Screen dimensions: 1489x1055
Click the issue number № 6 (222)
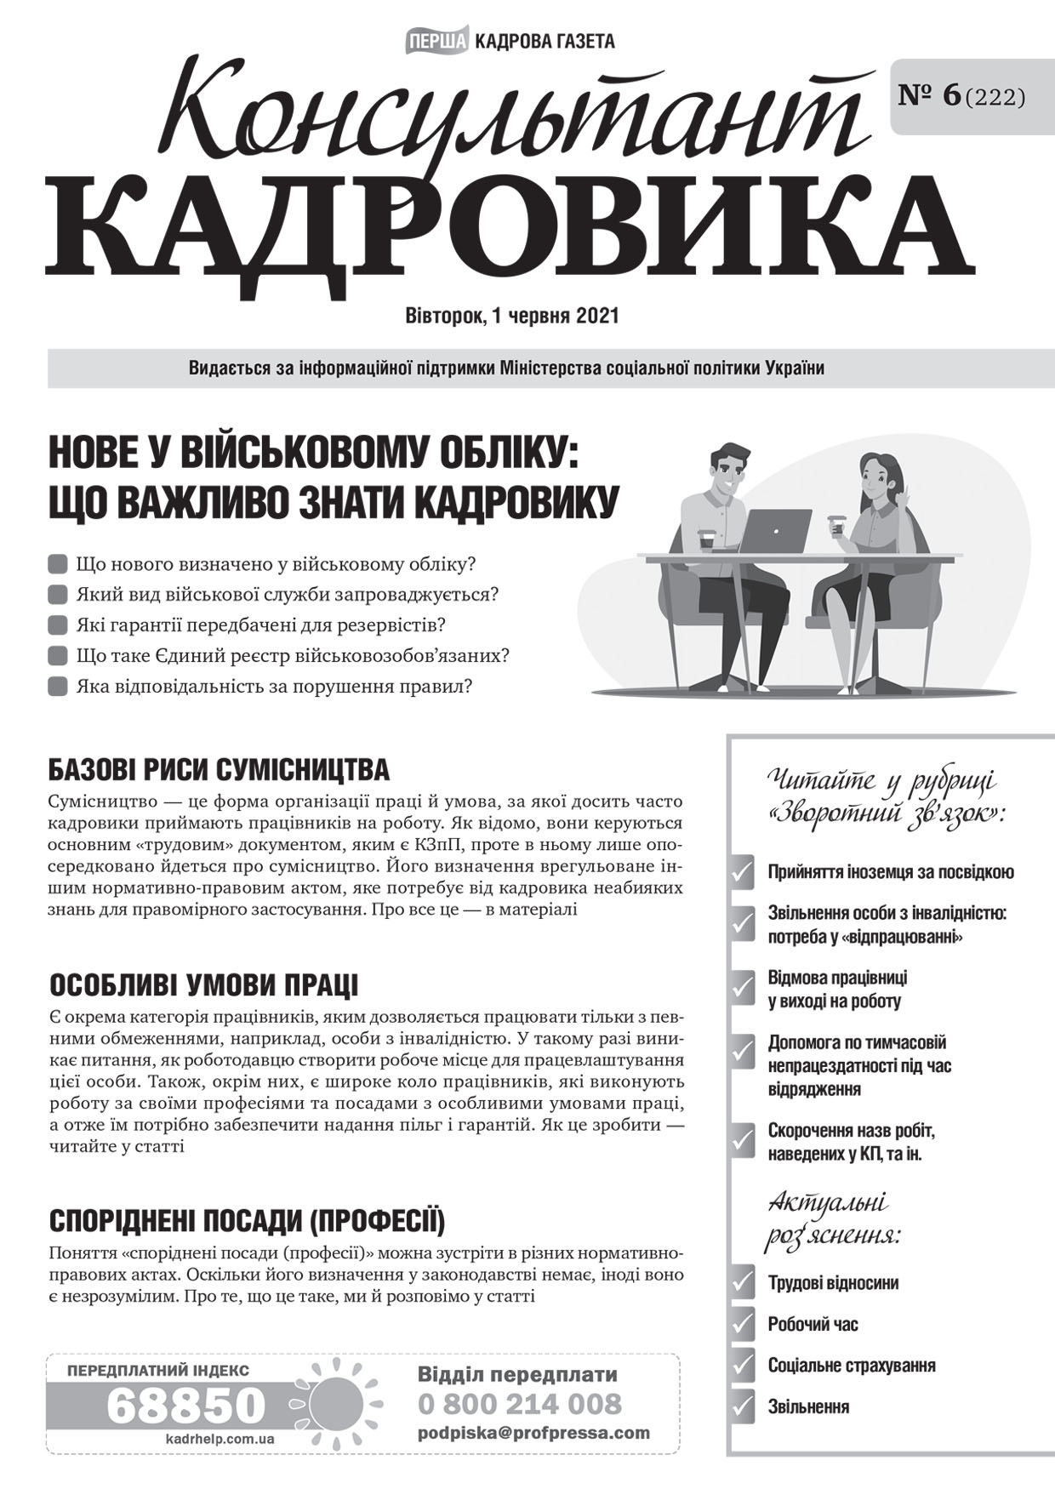point(961,96)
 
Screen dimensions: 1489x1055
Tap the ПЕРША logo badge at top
point(437,40)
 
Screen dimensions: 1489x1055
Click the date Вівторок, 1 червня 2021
point(512,316)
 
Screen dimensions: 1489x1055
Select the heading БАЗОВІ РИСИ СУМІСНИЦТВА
point(219,770)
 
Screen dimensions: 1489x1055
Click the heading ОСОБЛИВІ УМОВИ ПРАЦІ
point(203,984)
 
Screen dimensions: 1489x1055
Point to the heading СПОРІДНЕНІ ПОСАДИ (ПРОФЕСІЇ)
point(247,1221)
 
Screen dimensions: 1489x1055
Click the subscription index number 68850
point(186,1406)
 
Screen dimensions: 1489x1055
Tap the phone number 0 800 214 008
point(520,1403)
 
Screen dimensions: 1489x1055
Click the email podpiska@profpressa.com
point(533,1433)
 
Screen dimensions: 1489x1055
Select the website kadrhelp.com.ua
point(220,1439)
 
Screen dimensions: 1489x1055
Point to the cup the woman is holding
point(837,526)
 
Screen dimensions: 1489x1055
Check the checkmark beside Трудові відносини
point(743,1283)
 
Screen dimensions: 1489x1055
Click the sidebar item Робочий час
point(813,1324)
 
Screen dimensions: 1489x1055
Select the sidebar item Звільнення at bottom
point(808,1406)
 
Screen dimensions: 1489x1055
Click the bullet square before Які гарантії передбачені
point(58,625)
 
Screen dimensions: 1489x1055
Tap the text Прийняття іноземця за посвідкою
point(890,872)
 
